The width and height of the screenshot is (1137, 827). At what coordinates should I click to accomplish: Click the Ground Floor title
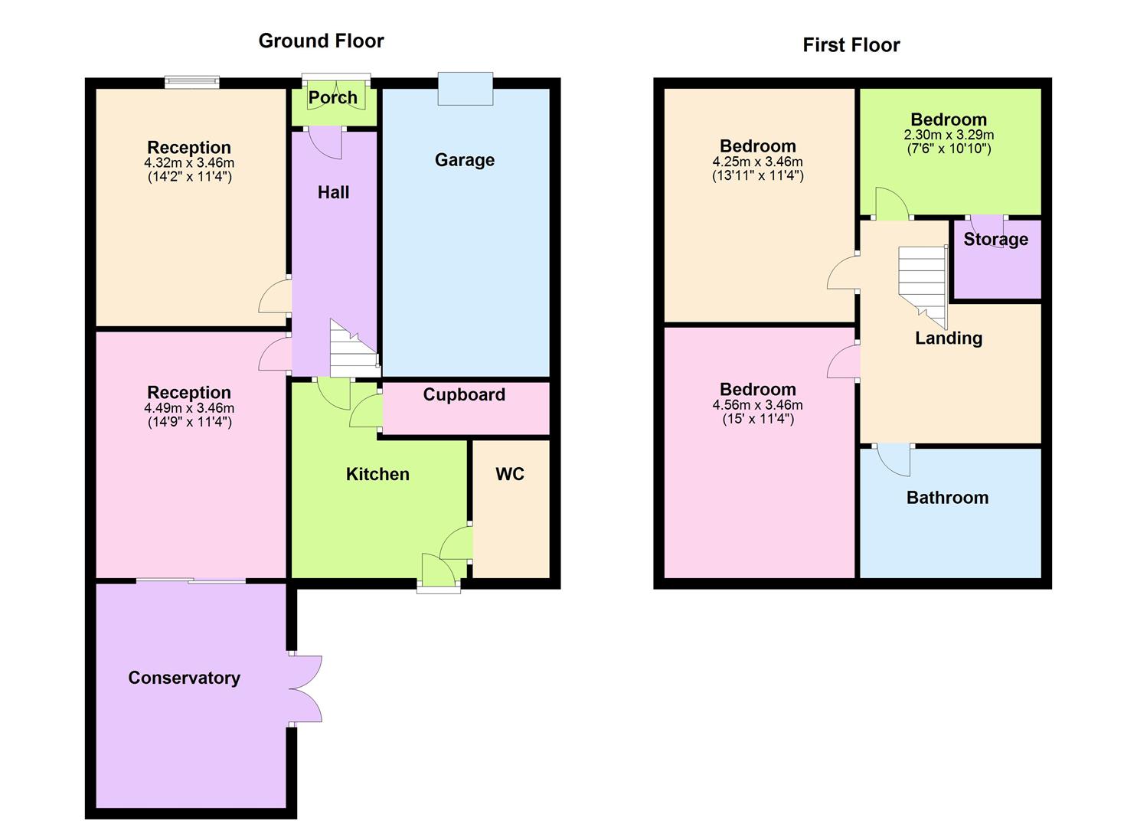coord(321,41)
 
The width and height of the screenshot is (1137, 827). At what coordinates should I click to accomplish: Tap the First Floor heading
coord(851,45)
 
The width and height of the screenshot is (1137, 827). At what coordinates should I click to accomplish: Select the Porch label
coord(332,98)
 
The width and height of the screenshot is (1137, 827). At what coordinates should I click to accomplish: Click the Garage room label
coord(464,160)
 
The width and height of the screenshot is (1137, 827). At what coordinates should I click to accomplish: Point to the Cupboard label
coord(464,395)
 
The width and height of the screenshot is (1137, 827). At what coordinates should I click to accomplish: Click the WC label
coord(510,474)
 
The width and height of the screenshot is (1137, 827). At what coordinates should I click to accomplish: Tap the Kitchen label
coord(377,475)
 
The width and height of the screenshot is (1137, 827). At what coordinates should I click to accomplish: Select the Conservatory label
coord(184,678)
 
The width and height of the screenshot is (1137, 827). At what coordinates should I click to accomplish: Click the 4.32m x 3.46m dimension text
coord(189,163)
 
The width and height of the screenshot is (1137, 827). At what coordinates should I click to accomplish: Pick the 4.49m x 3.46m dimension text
coord(189,408)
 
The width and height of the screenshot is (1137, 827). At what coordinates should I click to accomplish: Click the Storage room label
coord(995,240)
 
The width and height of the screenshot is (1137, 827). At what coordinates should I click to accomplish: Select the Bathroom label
coord(947,498)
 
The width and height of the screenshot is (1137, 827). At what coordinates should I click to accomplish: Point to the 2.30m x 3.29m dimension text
coord(949,135)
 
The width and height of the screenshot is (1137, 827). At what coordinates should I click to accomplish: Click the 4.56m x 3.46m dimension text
coord(757,405)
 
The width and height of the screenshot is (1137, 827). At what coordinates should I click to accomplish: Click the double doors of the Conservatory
coord(306,688)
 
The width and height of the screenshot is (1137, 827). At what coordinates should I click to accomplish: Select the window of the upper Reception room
coord(192,82)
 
